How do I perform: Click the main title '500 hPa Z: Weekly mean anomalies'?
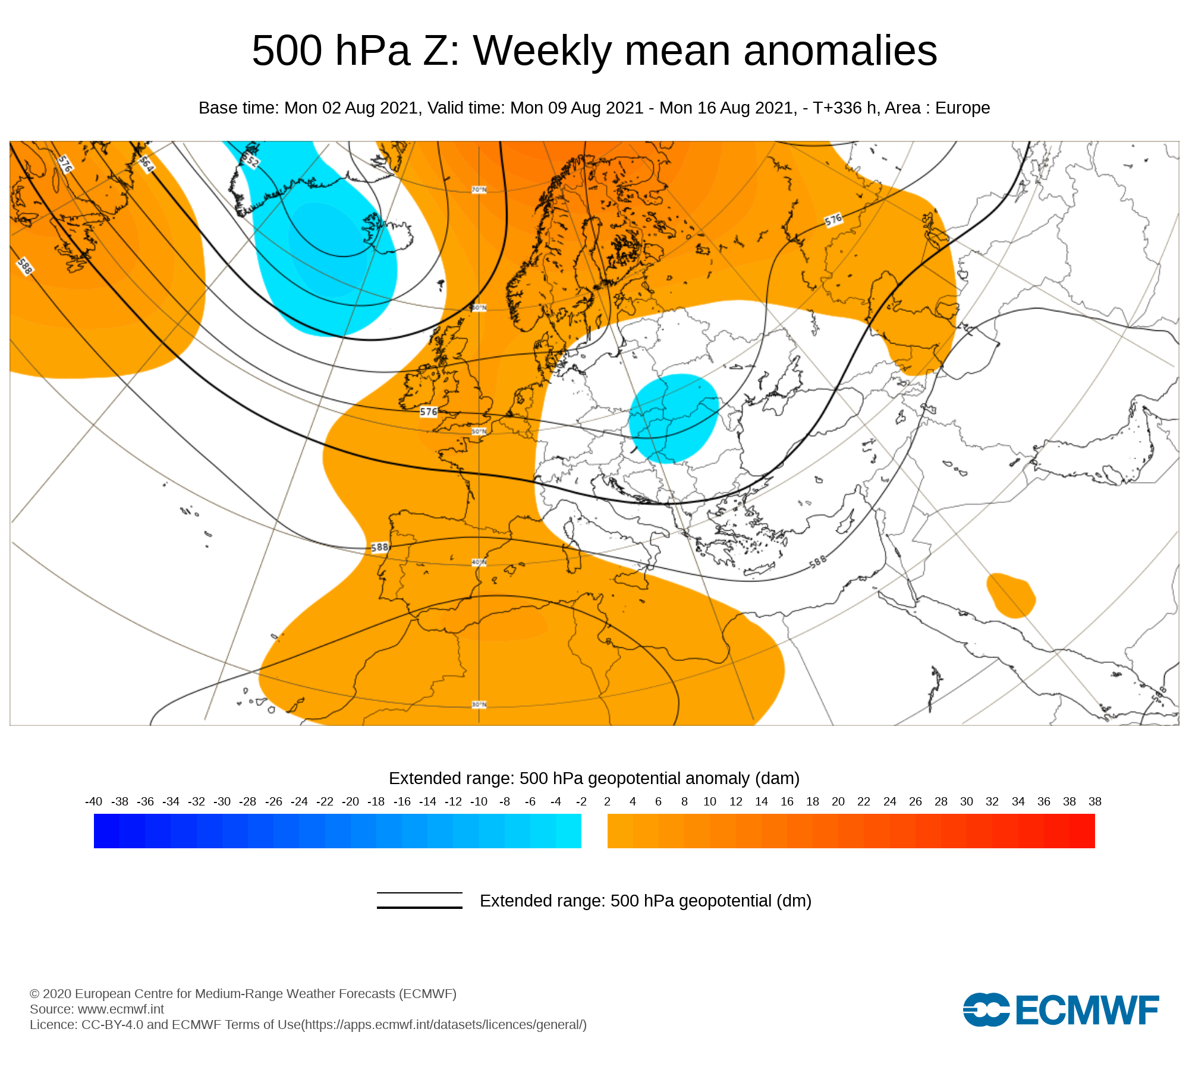pyautogui.click(x=594, y=51)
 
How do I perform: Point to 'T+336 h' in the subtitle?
pyautogui.click(x=844, y=108)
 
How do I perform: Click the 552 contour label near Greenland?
pyautogui.click(x=251, y=159)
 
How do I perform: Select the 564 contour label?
pyautogui.click(x=146, y=164)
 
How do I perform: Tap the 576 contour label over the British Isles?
pyautogui.click(x=429, y=411)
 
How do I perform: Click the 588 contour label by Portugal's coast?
pyautogui.click(x=379, y=547)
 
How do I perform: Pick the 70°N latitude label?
pyautogui.click(x=479, y=190)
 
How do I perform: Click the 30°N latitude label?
pyautogui.click(x=479, y=704)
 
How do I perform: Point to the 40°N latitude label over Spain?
pyautogui.click(x=479, y=562)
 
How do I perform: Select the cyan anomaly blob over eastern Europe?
pyautogui.click(x=674, y=418)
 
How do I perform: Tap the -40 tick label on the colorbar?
pyautogui.click(x=94, y=801)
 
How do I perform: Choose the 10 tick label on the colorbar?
pyautogui.click(x=710, y=801)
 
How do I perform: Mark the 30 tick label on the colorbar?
pyautogui.click(x=967, y=801)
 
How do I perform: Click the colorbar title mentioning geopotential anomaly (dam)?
pyautogui.click(x=594, y=778)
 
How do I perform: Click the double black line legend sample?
pyautogui.click(x=420, y=900)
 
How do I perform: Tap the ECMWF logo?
pyautogui.click(x=1061, y=1009)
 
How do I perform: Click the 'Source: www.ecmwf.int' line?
pyautogui.click(x=97, y=1009)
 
